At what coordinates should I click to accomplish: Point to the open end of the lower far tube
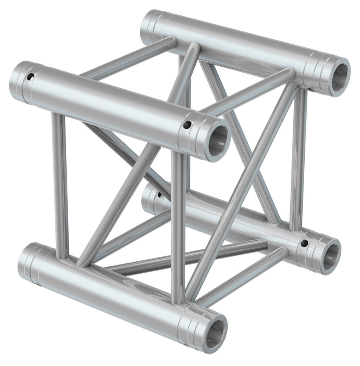tap(330, 257)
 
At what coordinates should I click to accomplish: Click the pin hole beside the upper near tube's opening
tap(187, 125)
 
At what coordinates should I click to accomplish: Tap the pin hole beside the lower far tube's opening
tap(304, 243)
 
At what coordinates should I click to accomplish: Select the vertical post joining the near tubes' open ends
tap(177, 227)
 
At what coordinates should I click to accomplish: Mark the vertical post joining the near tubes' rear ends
tap(60, 185)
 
